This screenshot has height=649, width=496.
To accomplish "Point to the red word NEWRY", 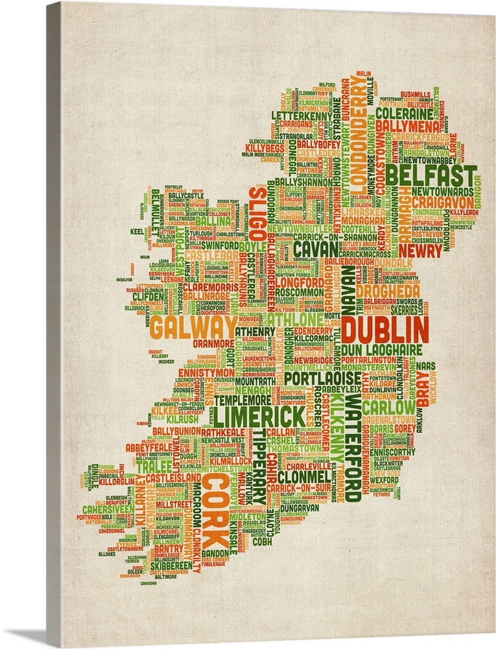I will [x=420, y=249].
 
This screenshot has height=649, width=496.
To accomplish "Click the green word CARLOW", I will [x=388, y=408].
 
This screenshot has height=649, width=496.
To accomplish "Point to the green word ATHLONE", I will [x=294, y=321].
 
